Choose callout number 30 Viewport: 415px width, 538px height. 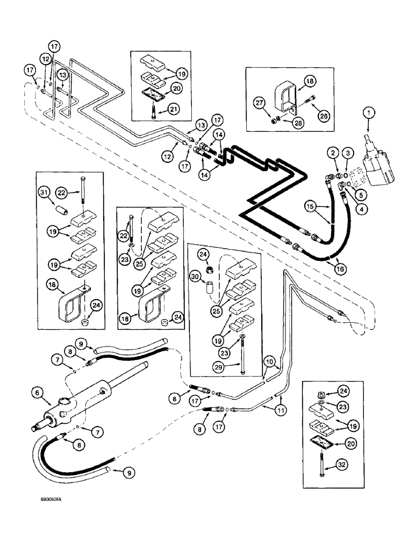tap(197, 277)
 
